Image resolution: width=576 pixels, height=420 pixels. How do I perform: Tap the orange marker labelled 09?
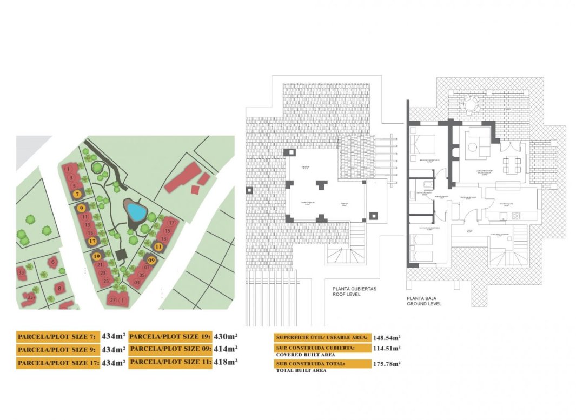pyautogui.click(x=151, y=260)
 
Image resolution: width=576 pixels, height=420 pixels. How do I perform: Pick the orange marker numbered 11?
pyautogui.click(x=158, y=246)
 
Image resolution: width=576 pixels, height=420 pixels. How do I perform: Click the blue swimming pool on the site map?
pyautogui.click(x=135, y=211)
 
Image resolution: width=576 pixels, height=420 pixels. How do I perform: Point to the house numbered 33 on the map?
pyautogui.click(x=21, y=273)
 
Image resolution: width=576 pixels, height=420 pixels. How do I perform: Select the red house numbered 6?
pyautogui.click(x=52, y=263)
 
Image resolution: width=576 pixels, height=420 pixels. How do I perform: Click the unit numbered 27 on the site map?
pyautogui.click(x=112, y=300)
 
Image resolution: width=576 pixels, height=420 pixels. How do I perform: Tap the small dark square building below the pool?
pyautogui.click(x=121, y=254)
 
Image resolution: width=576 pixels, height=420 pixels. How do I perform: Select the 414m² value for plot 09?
pyautogui.click(x=225, y=349)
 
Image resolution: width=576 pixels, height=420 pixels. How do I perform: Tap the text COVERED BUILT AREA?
pyautogui.click(x=305, y=355)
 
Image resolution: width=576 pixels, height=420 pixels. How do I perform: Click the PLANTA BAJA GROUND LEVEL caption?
pyautogui.click(x=424, y=301)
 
